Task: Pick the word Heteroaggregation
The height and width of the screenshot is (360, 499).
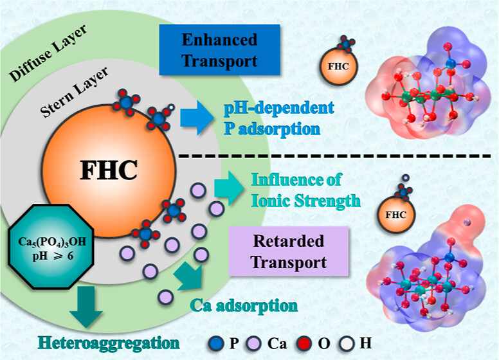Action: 105,339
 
